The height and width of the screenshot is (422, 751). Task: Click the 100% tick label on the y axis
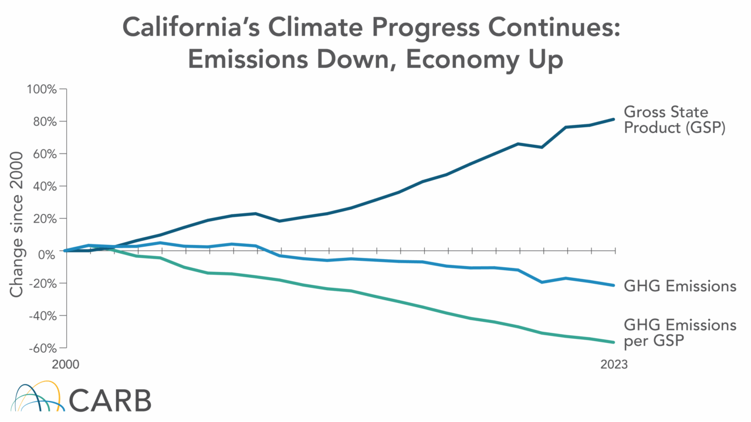[x=42, y=90]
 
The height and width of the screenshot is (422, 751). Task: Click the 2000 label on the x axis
[x=65, y=364]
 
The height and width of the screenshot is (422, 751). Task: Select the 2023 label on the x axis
[x=614, y=364]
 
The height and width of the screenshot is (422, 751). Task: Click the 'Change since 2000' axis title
[x=16, y=224]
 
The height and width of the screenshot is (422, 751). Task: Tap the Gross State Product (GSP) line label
[x=674, y=120]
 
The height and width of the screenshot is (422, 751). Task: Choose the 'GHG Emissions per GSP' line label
[x=679, y=332]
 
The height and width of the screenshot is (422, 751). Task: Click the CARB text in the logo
[x=110, y=400]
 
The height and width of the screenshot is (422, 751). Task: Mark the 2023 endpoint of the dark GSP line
[x=614, y=119]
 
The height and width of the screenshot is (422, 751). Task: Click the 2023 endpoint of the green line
[x=614, y=342]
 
